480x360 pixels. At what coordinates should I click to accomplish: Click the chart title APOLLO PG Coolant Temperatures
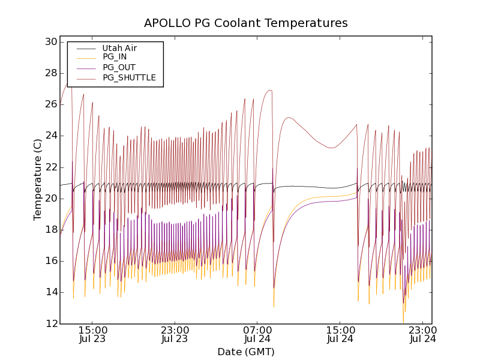[x=245, y=23]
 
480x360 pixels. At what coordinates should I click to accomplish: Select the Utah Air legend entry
[x=119, y=48]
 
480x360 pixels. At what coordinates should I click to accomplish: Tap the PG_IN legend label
[x=115, y=57]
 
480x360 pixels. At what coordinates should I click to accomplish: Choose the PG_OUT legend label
[x=119, y=67]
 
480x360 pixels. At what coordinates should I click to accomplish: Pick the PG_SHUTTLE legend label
[x=129, y=77]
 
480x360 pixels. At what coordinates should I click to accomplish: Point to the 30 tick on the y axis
[x=50, y=42]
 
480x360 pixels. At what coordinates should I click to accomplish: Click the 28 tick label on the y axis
[x=50, y=73]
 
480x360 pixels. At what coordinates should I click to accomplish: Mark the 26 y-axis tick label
[x=50, y=104]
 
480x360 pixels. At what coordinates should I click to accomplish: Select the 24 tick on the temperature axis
[x=50, y=136]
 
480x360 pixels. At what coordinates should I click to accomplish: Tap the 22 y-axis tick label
[x=50, y=167]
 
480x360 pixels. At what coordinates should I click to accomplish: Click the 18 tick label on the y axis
[x=50, y=230]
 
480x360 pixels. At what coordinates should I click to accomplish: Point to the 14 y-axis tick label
[x=50, y=292]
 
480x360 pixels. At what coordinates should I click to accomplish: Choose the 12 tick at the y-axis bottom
[x=50, y=323]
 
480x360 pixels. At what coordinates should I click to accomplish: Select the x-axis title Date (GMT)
[x=245, y=352]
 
